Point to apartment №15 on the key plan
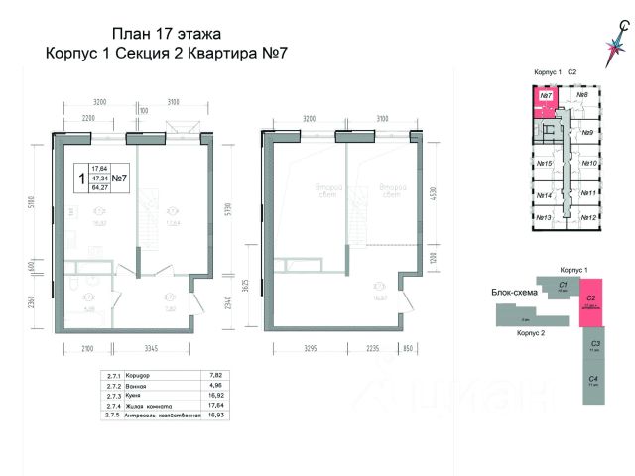pos(544,163)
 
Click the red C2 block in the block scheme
pos(590,300)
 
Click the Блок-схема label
pos(514,293)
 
